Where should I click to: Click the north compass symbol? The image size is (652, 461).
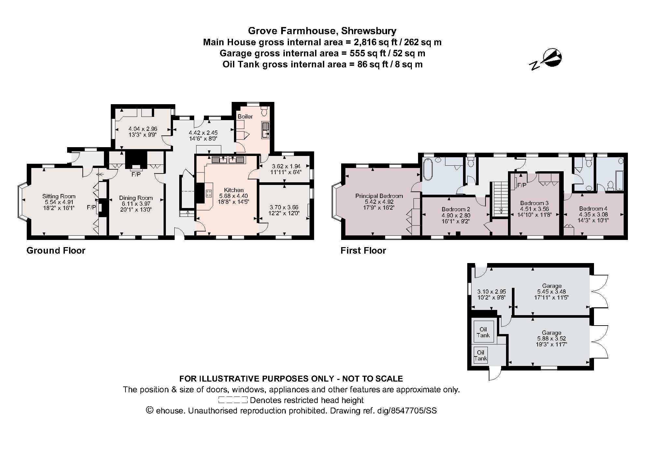(x=550, y=60)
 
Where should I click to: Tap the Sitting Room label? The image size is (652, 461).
(x=59, y=196)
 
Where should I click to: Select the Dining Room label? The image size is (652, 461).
(x=136, y=198)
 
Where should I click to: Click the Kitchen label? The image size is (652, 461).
(x=234, y=190)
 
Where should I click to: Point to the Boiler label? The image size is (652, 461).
(x=245, y=117)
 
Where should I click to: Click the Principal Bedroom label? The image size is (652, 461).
(x=379, y=196)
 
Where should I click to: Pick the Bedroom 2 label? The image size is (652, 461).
(x=456, y=209)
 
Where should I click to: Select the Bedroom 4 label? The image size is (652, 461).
(x=593, y=209)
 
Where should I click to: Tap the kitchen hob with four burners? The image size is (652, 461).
(x=209, y=193)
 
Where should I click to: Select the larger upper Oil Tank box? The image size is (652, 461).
(x=483, y=332)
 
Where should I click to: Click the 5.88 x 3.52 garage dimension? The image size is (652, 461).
(x=551, y=339)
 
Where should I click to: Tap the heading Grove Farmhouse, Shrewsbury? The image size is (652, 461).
(x=322, y=31)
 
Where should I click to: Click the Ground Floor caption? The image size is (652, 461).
(x=56, y=250)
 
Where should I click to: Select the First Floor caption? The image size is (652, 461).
(x=363, y=250)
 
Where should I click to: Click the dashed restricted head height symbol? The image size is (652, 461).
(x=233, y=400)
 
